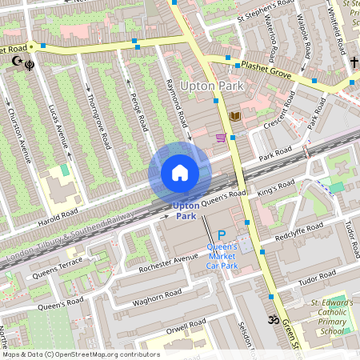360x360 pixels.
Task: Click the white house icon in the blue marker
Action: (x=180, y=173)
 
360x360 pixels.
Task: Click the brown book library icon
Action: (x=234, y=117)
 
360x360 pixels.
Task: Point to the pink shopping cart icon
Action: (x=220, y=138)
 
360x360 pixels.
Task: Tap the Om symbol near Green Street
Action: (x=270, y=319)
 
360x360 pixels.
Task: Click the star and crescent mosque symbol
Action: (x=14, y=61)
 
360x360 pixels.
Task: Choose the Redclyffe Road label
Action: (x=298, y=233)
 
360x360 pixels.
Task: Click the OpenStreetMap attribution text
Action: (x=80, y=354)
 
